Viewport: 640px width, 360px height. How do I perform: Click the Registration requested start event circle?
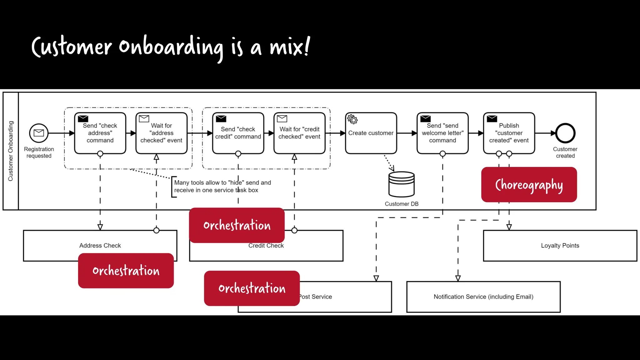point(39,133)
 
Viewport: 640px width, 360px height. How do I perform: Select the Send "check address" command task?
point(100,133)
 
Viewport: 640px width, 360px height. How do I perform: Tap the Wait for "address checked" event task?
point(161,133)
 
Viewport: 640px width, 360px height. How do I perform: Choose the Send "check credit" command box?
point(238,133)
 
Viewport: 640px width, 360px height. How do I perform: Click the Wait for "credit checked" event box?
point(299,133)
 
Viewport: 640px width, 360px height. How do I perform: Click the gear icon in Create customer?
point(352,119)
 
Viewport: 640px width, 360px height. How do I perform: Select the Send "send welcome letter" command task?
point(442,133)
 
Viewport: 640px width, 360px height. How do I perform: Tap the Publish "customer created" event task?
point(509,133)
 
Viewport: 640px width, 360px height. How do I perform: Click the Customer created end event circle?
point(565,133)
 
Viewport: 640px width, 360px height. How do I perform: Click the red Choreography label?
point(529,185)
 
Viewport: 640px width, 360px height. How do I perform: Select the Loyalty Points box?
point(560,246)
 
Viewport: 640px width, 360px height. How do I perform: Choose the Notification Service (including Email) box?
point(483,297)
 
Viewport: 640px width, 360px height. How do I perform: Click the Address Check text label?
point(100,246)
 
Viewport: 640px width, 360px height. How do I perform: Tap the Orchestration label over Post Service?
point(252,288)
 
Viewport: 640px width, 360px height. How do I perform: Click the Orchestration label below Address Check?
point(126,271)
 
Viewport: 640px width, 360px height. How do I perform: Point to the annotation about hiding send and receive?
point(222,186)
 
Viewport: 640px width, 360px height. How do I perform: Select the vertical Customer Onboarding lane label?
point(11,151)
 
